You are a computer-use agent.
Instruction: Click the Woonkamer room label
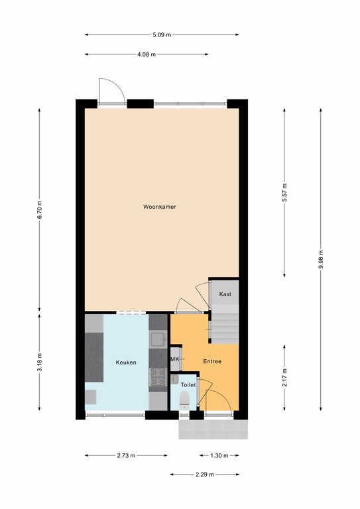click(x=160, y=207)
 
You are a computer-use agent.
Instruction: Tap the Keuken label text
click(x=126, y=363)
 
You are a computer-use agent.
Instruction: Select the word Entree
click(x=212, y=361)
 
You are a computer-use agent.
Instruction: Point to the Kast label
click(x=225, y=294)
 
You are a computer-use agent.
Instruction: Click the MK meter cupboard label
click(x=174, y=359)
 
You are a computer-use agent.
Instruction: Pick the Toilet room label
click(x=188, y=384)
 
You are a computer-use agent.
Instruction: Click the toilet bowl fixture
click(x=184, y=400)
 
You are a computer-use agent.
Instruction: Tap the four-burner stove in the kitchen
click(x=158, y=378)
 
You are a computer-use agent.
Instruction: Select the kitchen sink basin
click(x=158, y=339)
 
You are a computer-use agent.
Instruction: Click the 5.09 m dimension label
click(x=162, y=34)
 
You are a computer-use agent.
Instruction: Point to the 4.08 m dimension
click(x=147, y=54)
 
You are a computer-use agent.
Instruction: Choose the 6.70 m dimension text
click(x=40, y=210)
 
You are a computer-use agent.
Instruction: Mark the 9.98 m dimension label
click(x=321, y=259)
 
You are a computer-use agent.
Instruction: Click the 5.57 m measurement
click(x=284, y=192)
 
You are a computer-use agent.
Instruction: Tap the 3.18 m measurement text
click(x=40, y=362)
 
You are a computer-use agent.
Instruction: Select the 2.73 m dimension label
click(x=126, y=455)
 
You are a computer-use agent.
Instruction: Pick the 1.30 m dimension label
click(x=219, y=455)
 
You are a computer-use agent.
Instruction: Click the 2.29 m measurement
click(x=204, y=475)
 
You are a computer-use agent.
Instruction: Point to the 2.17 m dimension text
click(x=284, y=378)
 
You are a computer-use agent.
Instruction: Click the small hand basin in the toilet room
click(x=174, y=380)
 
